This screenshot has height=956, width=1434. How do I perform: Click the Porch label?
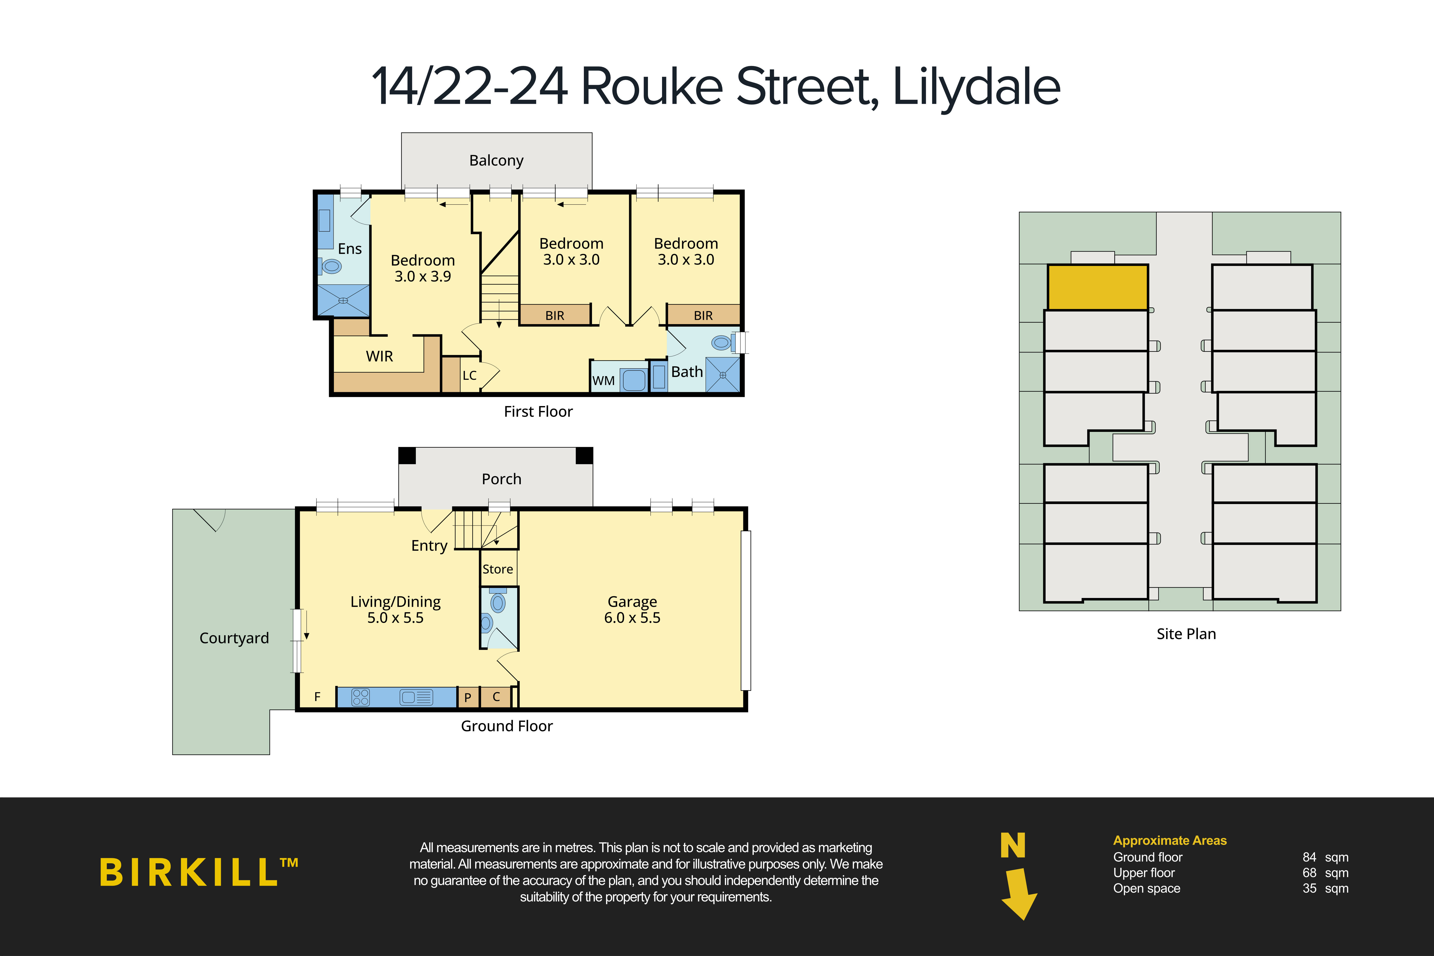point(501,479)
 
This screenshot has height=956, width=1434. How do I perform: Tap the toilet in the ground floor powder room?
point(498,603)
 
